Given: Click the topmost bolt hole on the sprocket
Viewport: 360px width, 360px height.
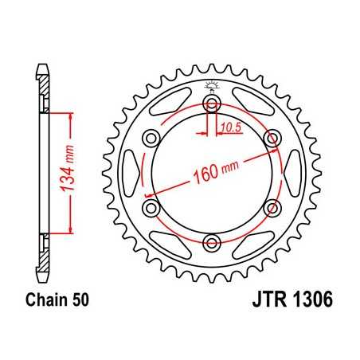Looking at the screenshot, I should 212,104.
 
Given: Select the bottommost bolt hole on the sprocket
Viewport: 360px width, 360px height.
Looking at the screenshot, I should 212,242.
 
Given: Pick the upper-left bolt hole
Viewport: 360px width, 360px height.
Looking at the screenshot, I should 151,139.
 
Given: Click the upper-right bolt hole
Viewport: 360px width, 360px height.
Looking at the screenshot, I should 272,139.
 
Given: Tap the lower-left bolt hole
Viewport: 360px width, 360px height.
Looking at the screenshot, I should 151,208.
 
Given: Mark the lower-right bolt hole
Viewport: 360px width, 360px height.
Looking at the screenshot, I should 272,208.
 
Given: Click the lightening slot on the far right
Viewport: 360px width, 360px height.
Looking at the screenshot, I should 296,173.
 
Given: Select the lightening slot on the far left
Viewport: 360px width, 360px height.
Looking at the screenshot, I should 127,173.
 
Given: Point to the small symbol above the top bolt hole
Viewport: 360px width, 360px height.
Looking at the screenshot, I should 212,85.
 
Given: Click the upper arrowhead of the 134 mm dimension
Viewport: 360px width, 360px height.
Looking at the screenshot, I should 74,116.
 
